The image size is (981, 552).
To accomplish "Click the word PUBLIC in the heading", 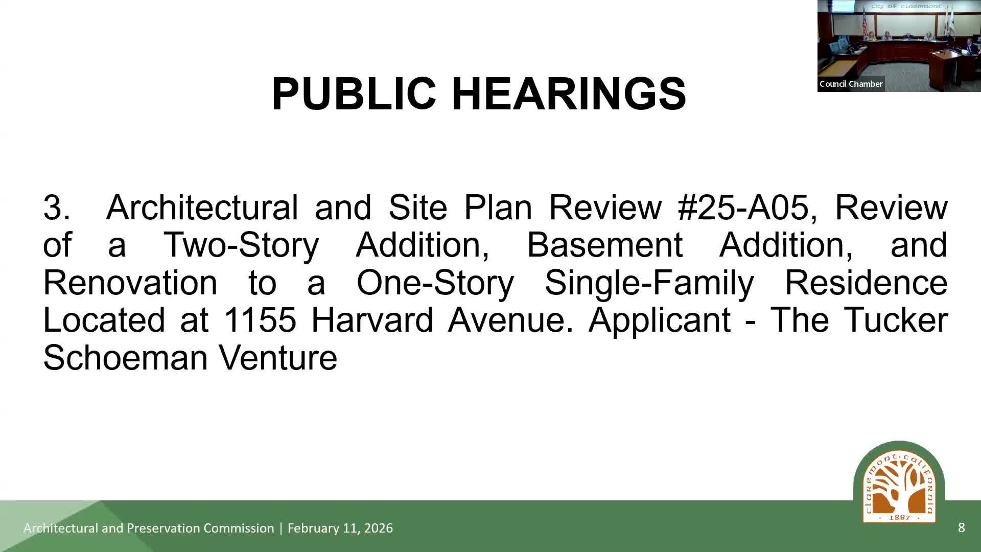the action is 354,94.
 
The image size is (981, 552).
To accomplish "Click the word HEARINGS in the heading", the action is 569,94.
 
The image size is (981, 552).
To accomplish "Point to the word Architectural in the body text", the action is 202,207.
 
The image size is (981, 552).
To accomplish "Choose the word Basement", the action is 604,245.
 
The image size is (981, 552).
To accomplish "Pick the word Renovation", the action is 130,282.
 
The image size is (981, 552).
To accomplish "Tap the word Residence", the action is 866,282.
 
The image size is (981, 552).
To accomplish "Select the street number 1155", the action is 260,320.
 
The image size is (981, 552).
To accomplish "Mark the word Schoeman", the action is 125,357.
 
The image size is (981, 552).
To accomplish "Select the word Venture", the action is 278,357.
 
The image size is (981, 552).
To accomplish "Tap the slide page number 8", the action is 961,528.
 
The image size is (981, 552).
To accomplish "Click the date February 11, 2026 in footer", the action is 340,528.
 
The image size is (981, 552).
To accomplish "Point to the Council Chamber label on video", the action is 851,84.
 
